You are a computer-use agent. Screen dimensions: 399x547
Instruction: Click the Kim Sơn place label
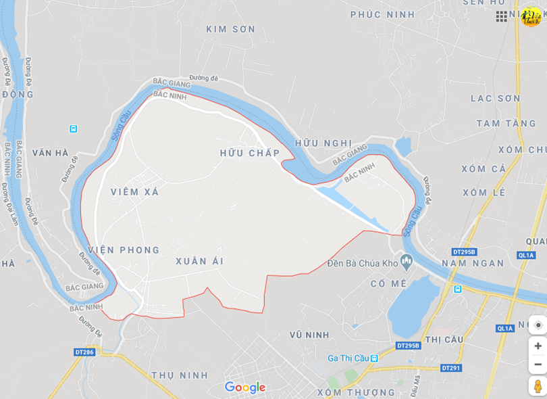(231, 29)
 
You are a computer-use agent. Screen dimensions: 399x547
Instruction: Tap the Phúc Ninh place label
(383, 14)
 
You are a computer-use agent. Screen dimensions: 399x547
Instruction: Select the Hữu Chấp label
(249, 153)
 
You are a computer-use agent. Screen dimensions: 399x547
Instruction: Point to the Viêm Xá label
(135, 192)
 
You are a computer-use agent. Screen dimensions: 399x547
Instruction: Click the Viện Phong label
(124, 250)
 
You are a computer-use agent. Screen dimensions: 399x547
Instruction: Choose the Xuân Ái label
(199, 261)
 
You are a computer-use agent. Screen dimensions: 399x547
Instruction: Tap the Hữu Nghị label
(323, 143)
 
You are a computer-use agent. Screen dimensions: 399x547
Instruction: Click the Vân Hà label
(51, 153)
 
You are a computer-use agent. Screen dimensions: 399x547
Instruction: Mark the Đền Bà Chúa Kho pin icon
(406, 260)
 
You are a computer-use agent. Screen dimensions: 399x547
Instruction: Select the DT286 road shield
(84, 352)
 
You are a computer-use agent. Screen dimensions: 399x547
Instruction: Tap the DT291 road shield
(450, 368)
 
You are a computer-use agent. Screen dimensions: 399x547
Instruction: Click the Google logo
(244, 388)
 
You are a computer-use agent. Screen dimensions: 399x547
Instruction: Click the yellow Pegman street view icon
(538, 386)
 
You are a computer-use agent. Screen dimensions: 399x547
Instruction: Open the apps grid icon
(501, 16)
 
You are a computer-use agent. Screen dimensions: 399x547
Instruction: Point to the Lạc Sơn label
(495, 98)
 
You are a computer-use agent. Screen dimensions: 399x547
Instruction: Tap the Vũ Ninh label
(309, 335)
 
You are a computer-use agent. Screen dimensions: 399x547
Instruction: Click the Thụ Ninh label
(180, 375)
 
